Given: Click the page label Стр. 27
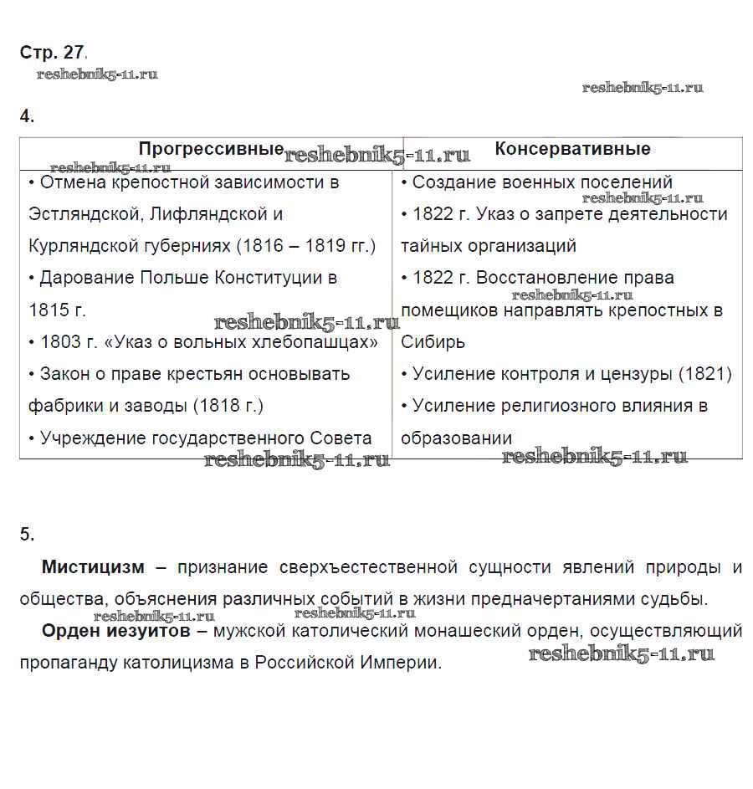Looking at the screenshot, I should tap(52, 53).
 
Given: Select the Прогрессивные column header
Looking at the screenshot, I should tap(211, 149).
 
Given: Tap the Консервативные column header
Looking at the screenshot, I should tap(572, 149).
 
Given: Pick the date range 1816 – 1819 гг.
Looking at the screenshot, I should tap(305, 246).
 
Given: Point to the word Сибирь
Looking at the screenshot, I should tap(433, 342).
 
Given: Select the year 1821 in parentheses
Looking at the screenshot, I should tap(704, 374).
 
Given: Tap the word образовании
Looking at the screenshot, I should tap(456, 438).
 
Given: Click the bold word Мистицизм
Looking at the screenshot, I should tap(93, 567).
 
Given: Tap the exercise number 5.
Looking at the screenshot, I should tap(27, 535).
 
